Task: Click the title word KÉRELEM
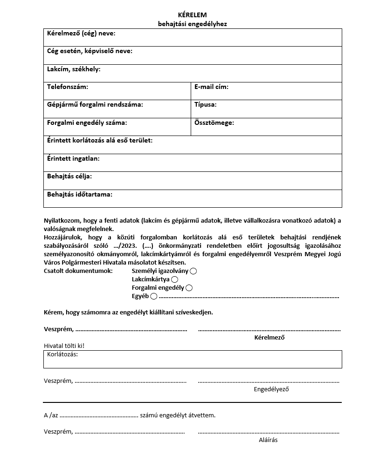click(x=192, y=15)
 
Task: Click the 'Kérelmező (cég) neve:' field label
click(x=81, y=34)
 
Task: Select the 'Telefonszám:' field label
click(x=67, y=87)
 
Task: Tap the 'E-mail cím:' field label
click(x=211, y=87)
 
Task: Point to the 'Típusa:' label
click(x=205, y=105)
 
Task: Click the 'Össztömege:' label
click(x=214, y=123)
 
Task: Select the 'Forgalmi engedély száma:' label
click(x=87, y=123)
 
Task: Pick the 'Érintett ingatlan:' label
click(x=73, y=158)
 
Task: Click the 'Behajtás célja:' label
click(x=69, y=177)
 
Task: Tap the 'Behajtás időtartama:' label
click(x=80, y=194)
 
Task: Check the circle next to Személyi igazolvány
click(x=193, y=271)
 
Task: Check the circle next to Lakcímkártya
click(x=175, y=279)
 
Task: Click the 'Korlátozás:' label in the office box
click(x=62, y=354)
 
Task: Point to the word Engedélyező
click(x=271, y=389)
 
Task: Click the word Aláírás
click(x=268, y=440)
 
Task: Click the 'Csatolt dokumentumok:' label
click(x=78, y=271)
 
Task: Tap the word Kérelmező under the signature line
click(x=269, y=338)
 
